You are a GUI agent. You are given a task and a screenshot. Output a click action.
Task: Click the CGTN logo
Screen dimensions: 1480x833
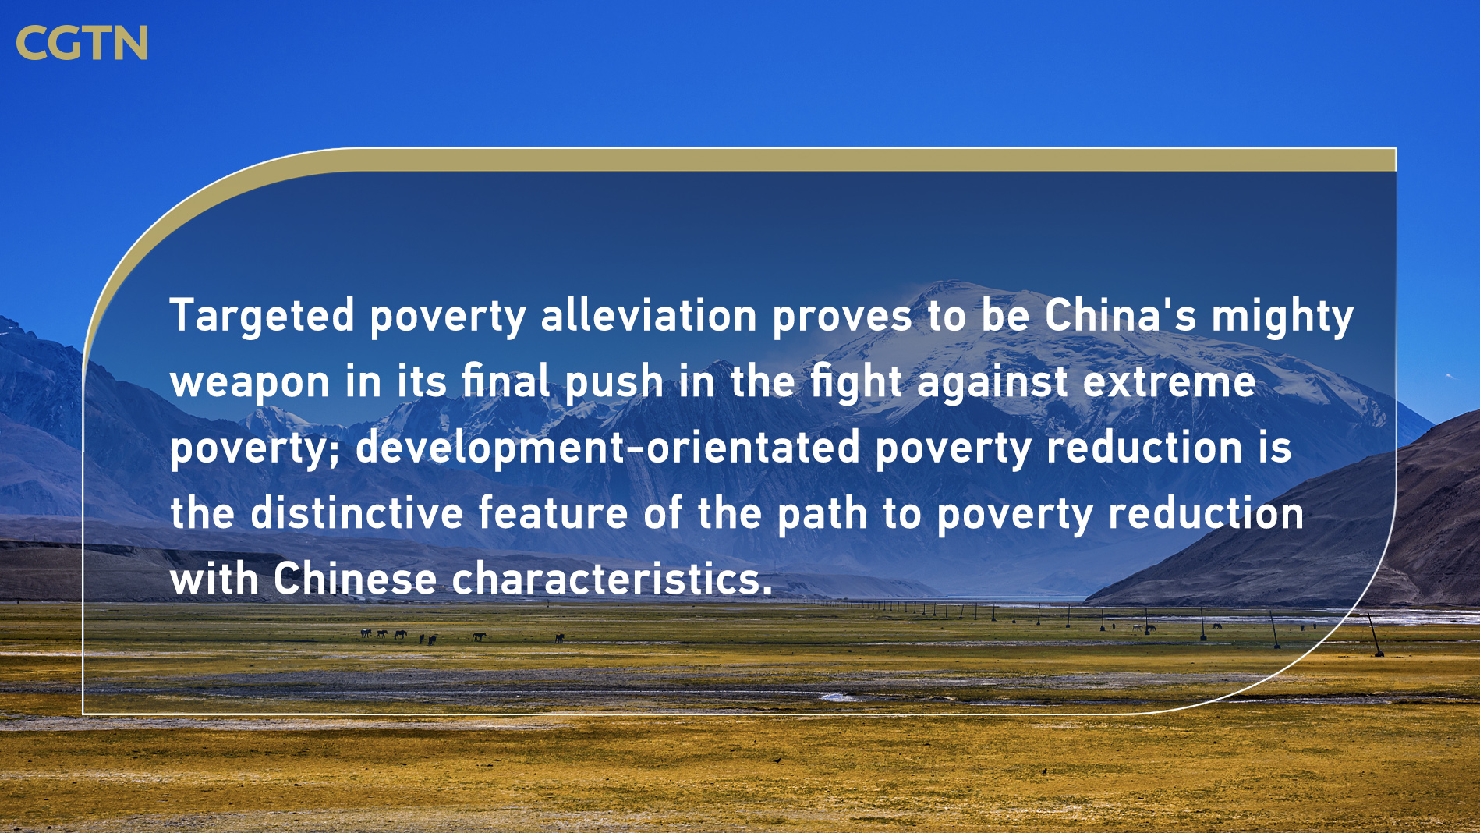click(x=82, y=42)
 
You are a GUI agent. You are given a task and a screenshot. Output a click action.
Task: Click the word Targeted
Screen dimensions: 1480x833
click(x=263, y=317)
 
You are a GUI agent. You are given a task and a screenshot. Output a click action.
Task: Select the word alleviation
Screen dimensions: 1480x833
click(x=649, y=315)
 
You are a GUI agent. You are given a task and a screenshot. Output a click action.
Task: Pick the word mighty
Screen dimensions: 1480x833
click(x=1283, y=317)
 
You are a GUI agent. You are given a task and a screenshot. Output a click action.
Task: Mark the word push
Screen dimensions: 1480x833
click(x=614, y=382)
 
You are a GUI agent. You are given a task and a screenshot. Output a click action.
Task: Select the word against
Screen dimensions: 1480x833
click(x=993, y=382)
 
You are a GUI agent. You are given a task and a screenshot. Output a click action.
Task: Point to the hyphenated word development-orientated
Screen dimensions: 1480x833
click(x=608, y=448)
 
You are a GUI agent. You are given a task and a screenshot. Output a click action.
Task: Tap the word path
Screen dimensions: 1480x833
click(x=823, y=515)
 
